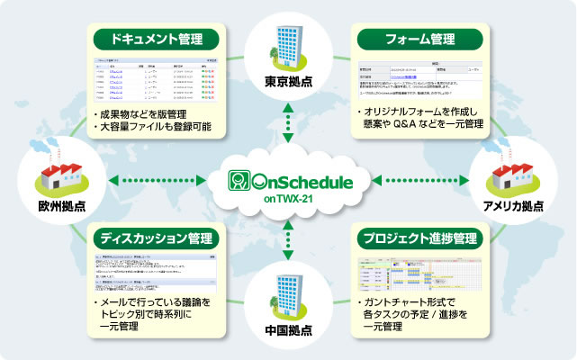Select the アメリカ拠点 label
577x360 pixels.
pos(513,204)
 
